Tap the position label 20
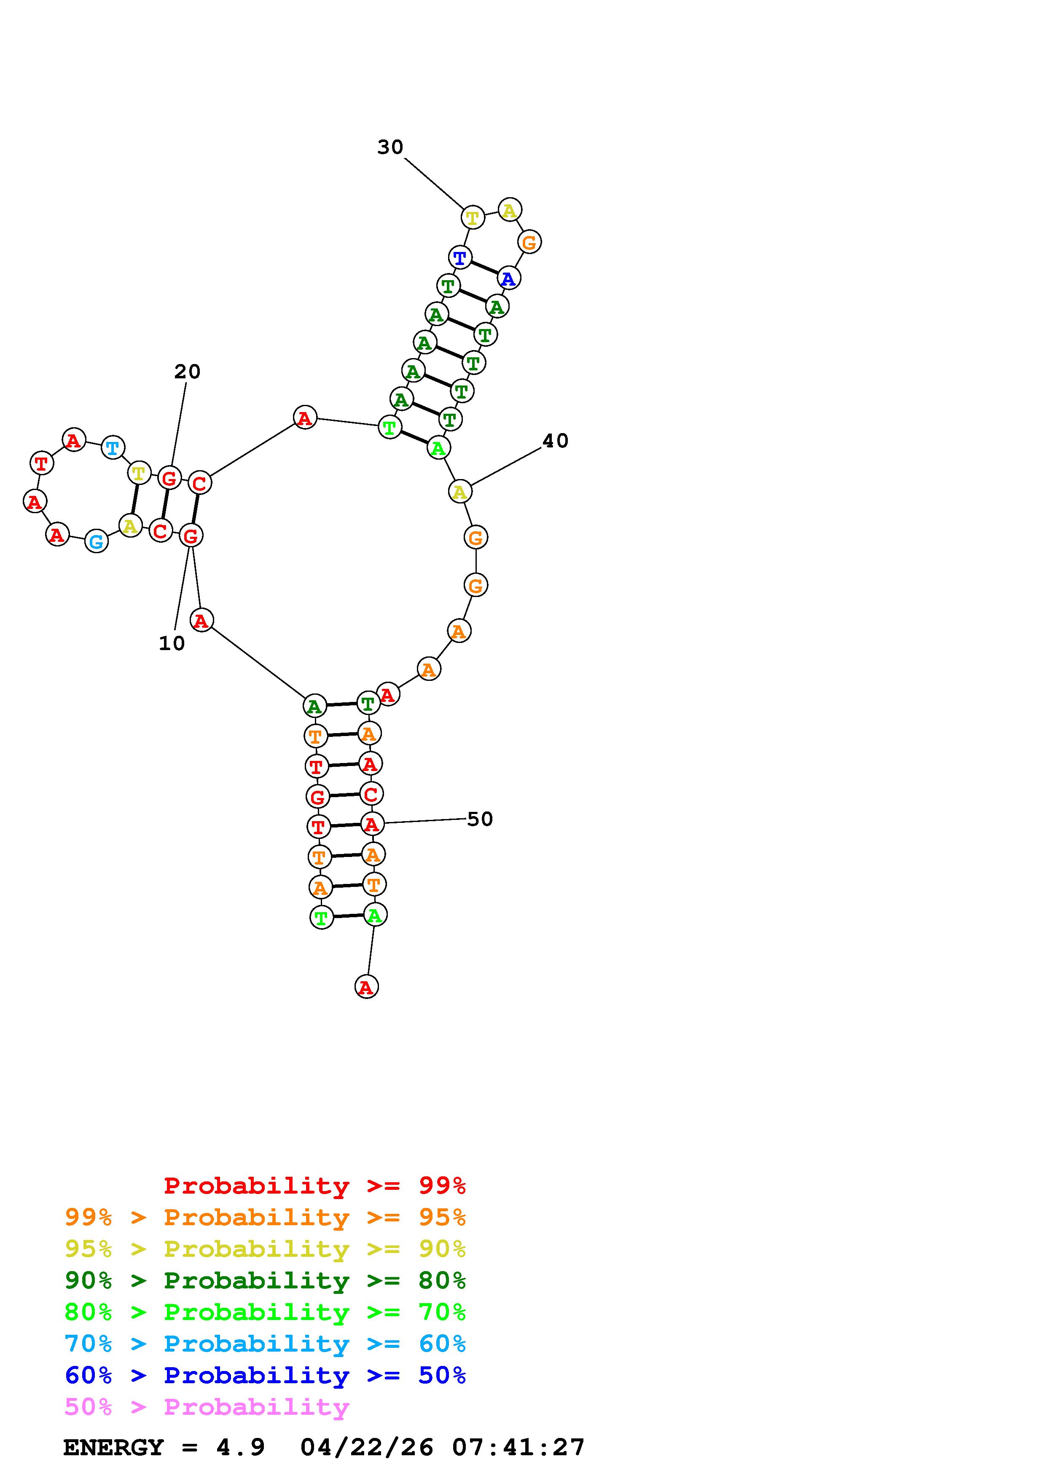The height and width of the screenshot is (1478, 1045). pos(187,372)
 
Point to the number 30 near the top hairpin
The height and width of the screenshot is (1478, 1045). pos(390,147)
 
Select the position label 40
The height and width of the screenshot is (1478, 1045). pos(555,441)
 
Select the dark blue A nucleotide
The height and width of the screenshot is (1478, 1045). pos(509,279)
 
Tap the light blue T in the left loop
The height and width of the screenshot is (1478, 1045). pos(113,447)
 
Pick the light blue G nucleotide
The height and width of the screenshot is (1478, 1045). pos(97,542)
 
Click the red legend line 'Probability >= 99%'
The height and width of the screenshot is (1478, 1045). pos(315,1185)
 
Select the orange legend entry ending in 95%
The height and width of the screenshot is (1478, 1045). pos(265,1217)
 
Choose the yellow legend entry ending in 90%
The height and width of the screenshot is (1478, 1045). pos(265,1249)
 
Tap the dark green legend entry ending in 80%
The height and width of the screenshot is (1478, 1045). pos(265,1280)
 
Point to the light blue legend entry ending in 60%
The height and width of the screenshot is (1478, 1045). pos(265,1344)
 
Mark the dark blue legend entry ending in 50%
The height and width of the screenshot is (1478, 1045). pos(265,1375)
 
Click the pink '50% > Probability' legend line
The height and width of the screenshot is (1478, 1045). pos(207,1406)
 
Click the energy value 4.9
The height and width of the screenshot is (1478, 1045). pos(240,1447)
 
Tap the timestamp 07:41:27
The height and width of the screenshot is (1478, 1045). pos(518,1447)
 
